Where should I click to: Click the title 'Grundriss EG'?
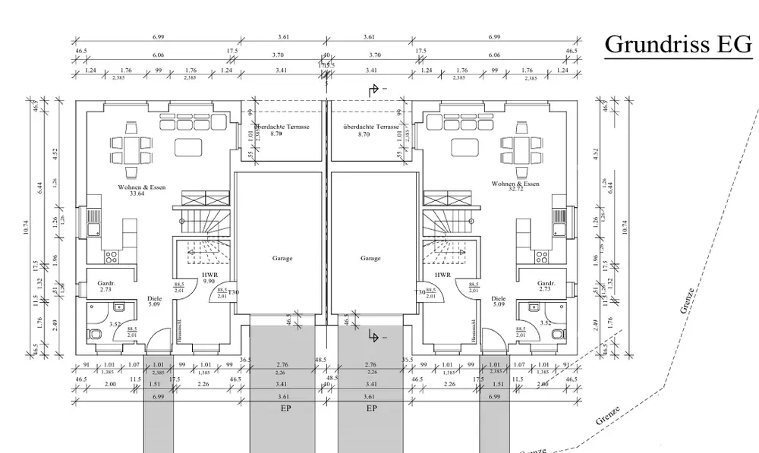coord(678,45)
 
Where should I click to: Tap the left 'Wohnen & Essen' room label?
coord(137,187)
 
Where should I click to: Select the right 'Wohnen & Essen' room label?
coord(515,184)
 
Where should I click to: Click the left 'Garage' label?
coord(282,259)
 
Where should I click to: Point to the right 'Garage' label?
coord(370,259)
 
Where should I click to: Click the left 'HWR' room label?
coord(210,275)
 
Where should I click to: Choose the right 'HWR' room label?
coord(443,275)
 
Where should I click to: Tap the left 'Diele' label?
coord(155,299)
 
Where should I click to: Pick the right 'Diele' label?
coord(499,299)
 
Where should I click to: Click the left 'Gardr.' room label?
coord(106,284)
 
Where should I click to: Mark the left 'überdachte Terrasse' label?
coord(282,127)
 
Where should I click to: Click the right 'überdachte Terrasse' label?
coord(370,127)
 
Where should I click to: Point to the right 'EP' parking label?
coord(372,407)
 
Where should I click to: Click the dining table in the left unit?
coord(127,146)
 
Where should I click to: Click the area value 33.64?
coord(137,193)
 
